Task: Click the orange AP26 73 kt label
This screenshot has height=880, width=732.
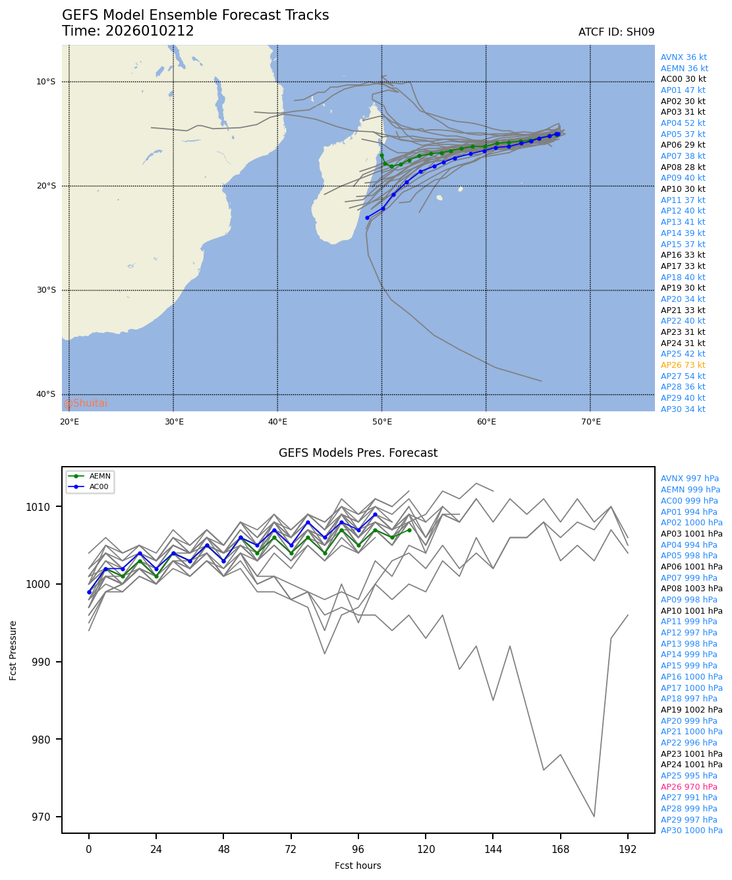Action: (x=683, y=365)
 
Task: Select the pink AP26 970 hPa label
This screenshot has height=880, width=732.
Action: (x=689, y=787)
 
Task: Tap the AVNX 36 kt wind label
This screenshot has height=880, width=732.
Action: (x=683, y=57)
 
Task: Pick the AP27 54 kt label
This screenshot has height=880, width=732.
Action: (x=683, y=376)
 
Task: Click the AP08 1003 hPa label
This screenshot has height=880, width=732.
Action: (x=691, y=589)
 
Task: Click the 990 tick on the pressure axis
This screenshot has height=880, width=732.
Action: (x=51, y=662)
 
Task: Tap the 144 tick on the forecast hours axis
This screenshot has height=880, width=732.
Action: (x=493, y=850)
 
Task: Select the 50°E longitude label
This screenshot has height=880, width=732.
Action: (x=382, y=422)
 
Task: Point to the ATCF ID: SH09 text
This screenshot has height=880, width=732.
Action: (x=616, y=32)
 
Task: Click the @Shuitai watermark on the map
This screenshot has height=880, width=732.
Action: (x=86, y=403)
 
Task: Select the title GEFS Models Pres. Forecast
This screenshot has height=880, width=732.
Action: (x=358, y=453)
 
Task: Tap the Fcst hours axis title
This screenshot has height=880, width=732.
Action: (x=358, y=865)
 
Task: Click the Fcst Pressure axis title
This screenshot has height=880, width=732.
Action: (x=14, y=650)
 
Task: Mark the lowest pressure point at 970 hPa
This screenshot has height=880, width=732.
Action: (x=594, y=817)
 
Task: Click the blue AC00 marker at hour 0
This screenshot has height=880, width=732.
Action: (x=89, y=592)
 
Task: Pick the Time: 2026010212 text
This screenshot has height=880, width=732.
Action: (x=128, y=32)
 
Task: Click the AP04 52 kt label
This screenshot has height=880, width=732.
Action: (x=683, y=123)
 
